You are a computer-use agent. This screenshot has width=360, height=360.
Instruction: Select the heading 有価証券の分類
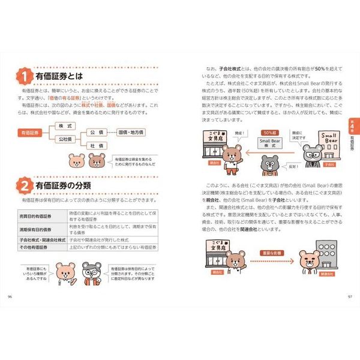pyautogui.click(x=64, y=188)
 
